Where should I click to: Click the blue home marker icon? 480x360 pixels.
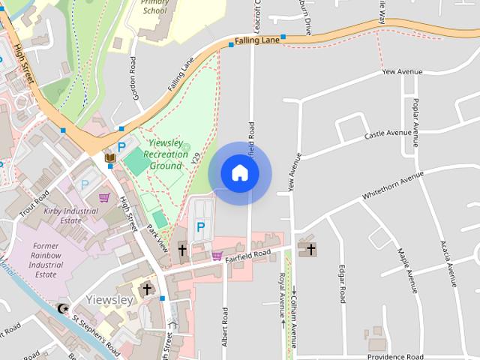[239, 173]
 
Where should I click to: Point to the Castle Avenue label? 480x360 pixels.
[388, 134]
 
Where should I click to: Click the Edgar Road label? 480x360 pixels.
[342, 283]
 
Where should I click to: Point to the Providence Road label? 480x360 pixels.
[395, 357]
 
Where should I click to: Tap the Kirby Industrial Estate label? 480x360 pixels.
[72, 216]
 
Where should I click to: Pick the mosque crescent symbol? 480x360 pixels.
[62, 308]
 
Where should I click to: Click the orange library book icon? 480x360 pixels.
[109, 157]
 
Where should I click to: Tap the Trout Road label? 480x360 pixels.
[34, 203]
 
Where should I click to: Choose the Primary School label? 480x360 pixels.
[154, 7]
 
